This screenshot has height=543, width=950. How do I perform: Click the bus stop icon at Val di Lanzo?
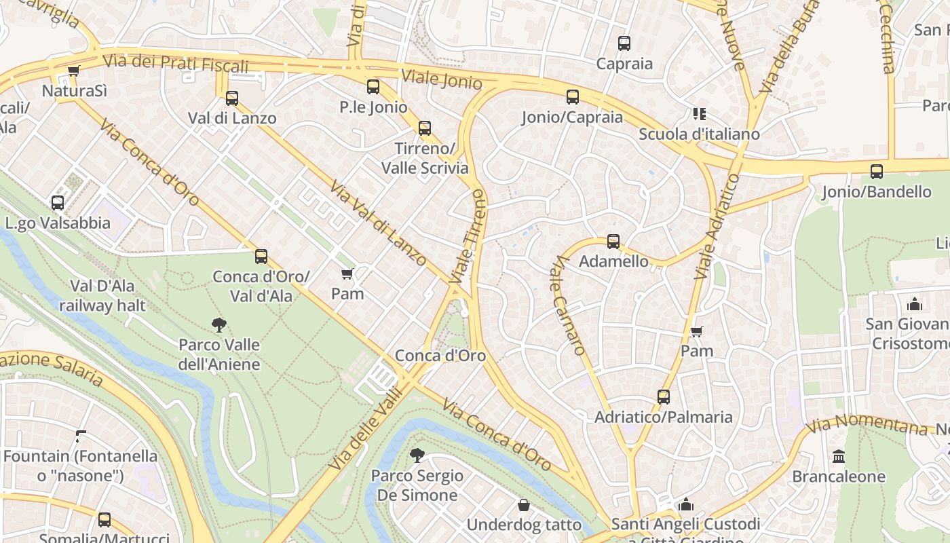232,98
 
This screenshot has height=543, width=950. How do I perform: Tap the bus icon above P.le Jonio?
373,87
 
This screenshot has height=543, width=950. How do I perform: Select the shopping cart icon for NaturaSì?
74,71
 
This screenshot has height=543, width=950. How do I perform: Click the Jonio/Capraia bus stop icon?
573,97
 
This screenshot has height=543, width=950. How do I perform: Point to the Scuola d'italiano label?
699,134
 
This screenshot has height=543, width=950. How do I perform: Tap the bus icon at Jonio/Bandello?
877,172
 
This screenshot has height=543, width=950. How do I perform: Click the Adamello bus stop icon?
613,242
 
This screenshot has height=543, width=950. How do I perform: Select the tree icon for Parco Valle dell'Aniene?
218,324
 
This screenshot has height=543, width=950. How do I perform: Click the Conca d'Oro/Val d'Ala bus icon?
261,257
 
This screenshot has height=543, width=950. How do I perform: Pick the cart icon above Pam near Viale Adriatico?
696,331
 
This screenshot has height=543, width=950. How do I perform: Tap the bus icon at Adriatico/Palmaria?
664,397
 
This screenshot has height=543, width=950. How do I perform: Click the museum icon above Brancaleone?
839,456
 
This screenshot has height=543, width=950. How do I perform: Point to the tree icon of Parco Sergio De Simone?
417,455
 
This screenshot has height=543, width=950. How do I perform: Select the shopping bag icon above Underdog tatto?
524,505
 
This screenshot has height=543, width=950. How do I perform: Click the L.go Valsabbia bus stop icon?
58,203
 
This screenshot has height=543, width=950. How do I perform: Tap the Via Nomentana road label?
869,425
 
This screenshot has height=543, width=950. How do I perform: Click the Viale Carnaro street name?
568,305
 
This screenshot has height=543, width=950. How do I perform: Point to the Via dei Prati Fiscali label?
175,63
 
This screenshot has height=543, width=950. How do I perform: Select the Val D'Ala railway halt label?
102,295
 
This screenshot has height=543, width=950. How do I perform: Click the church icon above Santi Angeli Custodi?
686,504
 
